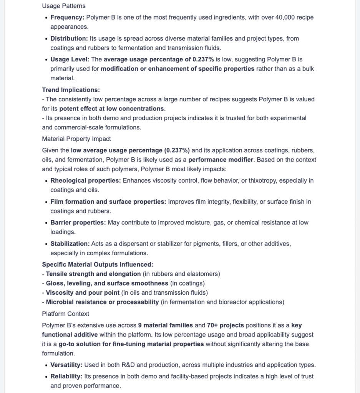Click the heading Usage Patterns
tap(64, 6)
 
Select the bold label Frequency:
tap(67, 18)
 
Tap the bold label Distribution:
tap(69, 39)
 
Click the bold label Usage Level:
tap(70, 59)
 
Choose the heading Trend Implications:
tap(71, 90)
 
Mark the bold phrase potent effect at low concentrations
tap(112, 109)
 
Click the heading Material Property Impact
tap(76, 139)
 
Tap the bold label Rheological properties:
tap(86, 181)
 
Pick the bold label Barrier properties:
tap(78, 223)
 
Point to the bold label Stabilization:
tap(70, 244)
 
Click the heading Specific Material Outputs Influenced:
tap(98, 264)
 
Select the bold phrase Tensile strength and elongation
tap(93, 274)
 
